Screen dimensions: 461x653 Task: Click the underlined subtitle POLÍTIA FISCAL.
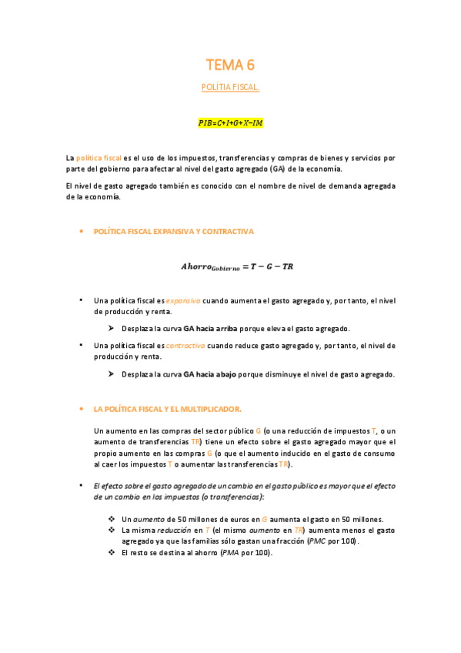click(230, 87)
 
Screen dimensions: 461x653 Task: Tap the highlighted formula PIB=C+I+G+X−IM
click(230, 122)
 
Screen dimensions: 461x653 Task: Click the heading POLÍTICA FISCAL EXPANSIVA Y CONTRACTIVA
click(173, 231)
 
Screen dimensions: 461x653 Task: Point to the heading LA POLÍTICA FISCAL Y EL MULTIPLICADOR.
click(167, 408)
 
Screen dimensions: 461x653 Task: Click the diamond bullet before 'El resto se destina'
click(112, 553)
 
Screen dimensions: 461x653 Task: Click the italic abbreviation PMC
click(316, 541)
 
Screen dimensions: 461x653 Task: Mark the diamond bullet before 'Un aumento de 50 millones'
click(112, 519)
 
